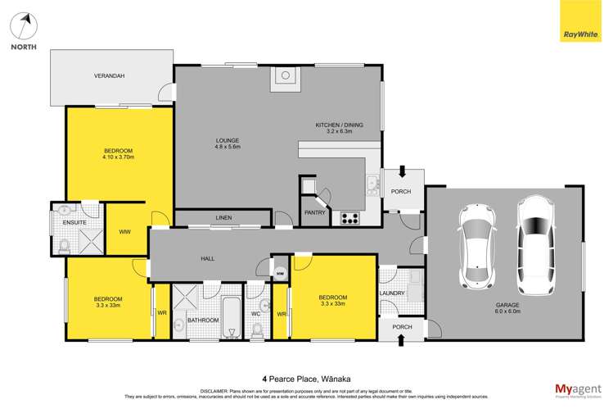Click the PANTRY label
pyautogui.click(x=314, y=212)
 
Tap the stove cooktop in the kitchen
pyautogui.click(x=349, y=218)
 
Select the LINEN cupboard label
pyautogui.click(x=223, y=218)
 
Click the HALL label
pyautogui.click(x=208, y=258)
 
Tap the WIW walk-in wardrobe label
pyautogui.click(x=125, y=232)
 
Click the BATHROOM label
pyautogui.click(x=203, y=320)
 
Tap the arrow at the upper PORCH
pyautogui.click(x=401, y=173)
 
